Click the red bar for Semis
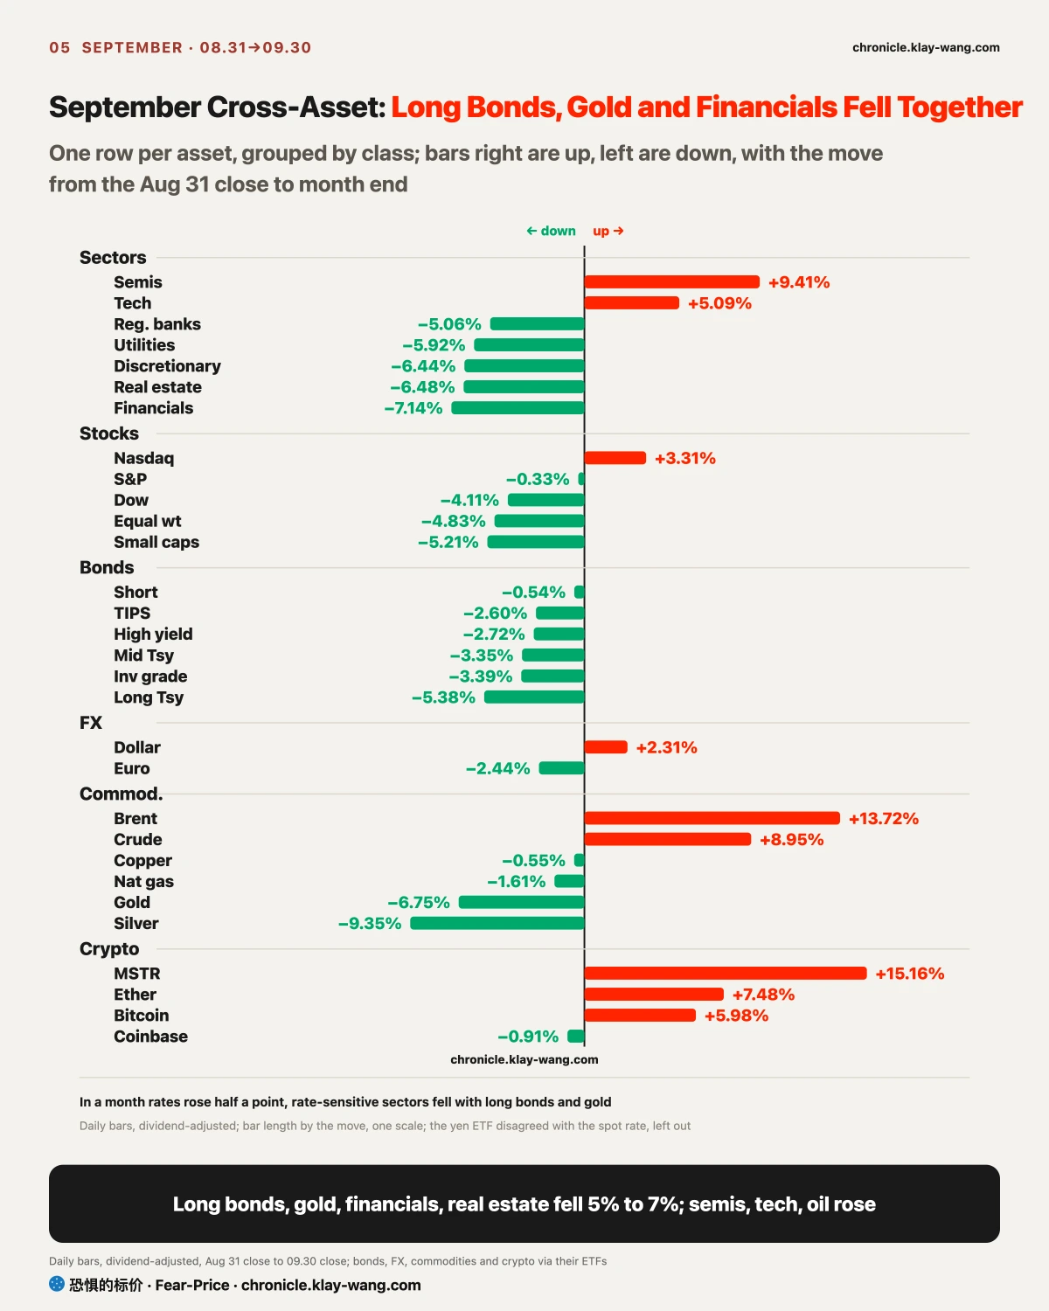tap(671, 282)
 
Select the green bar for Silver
tap(497, 924)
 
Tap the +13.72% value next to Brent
tap(883, 819)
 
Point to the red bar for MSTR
tap(726, 974)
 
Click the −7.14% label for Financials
tap(413, 408)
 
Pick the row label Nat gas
tap(144, 882)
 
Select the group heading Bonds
tap(107, 567)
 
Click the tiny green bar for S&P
tap(581, 479)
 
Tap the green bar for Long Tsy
tap(535, 697)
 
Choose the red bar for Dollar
tap(606, 747)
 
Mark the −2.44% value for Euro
tap(498, 769)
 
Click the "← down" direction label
tap(551, 231)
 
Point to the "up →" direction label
tap(608, 231)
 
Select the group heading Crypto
tap(109, 949)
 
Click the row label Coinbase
tap(150, 1037)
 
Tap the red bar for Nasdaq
tap(615, 458)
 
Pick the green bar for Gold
tap(522, 902)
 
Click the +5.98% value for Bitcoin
tap(736, 1016)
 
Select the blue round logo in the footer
tap(57, 1284)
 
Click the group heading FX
tap(91, 723)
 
